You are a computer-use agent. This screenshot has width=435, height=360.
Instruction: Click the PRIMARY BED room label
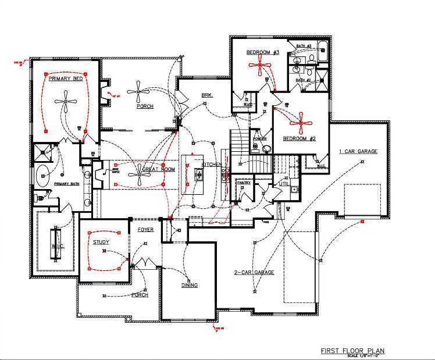(x=66, y=79)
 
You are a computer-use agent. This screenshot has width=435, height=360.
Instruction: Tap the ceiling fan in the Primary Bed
(x=66, y=102)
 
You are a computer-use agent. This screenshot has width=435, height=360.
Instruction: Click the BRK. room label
(x=208, y=94)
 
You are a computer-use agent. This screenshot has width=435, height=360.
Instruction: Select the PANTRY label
(x=243, y=183)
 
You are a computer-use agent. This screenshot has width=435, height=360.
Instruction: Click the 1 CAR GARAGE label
(x=358, y=151)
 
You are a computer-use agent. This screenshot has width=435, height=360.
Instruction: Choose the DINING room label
(x=189, y=285)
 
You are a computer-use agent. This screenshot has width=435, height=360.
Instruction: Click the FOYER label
(x=145, y=230)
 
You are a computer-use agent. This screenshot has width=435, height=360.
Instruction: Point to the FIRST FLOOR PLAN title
(x=352, y=351)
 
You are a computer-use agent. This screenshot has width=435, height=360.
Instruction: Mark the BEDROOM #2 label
(x=299, y=138)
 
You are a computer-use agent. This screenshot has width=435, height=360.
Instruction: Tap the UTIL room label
(x=284, y=183)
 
